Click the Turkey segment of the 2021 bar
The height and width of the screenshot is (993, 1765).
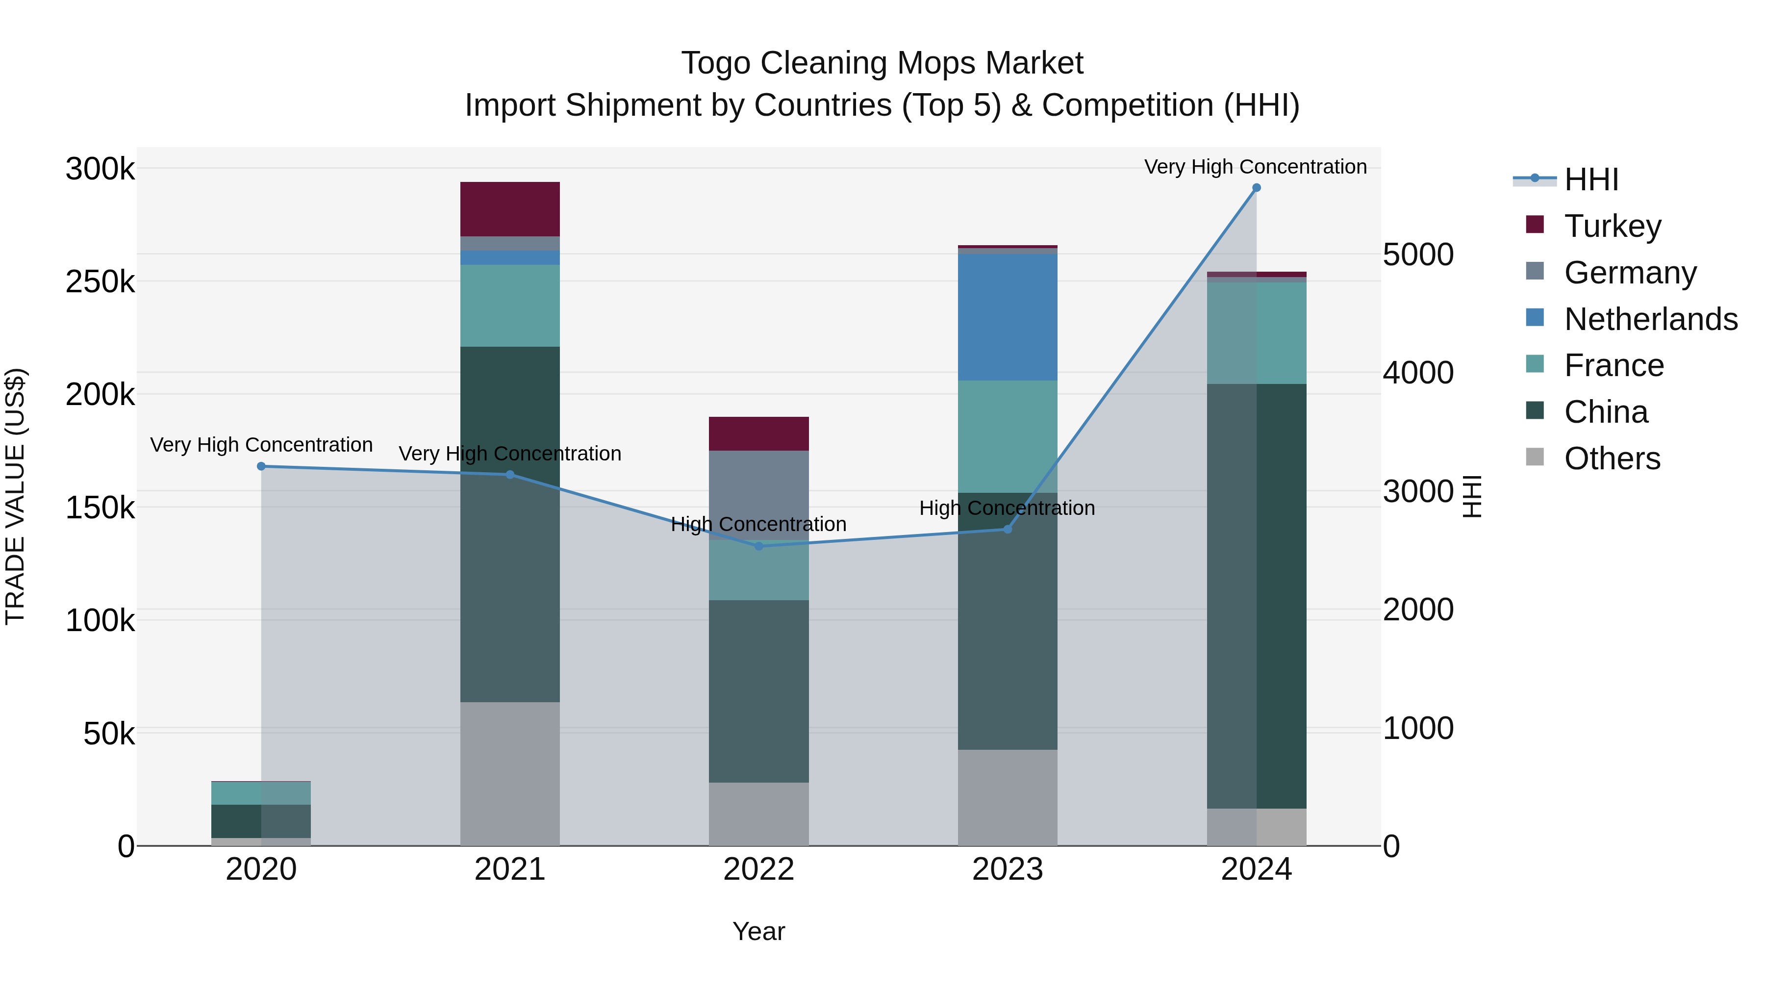(x=510, y=209)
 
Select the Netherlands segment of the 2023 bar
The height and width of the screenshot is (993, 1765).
(x=1007, y=317)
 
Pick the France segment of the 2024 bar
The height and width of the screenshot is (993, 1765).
(x=1257, y=332)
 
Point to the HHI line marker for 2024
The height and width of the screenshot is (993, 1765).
(x=1256, y=188)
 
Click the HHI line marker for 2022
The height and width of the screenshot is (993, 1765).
(x=758, y=546)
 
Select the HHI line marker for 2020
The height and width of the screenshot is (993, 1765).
(x=261, y=467)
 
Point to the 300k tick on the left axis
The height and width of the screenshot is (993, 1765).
(x=100, y=169)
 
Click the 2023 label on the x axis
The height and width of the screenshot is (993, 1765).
(x=1007, y=869)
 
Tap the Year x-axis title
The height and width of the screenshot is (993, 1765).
(x=758, y=931)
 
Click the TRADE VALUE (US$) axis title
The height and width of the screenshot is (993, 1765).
(x=15, y=496)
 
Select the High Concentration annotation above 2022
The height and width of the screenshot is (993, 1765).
(x=758, y=524)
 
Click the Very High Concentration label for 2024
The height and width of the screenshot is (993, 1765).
(x=1255, y=167)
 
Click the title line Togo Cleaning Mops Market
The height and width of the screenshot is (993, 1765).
(x=882, y=63)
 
